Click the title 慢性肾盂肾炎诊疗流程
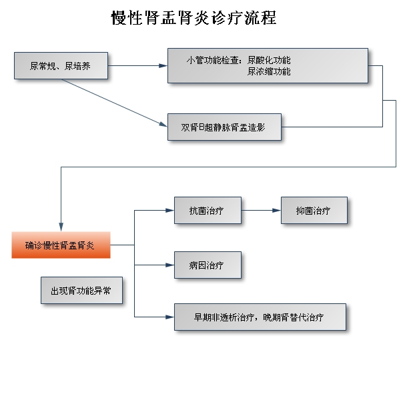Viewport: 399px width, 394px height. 193,18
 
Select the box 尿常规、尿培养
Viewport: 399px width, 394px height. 61,65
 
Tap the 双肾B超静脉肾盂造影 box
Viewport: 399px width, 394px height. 224,127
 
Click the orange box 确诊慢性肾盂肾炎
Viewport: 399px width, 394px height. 61,245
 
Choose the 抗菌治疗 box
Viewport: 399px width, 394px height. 208,210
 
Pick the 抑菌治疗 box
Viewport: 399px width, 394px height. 314,210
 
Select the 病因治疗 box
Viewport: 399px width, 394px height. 208,265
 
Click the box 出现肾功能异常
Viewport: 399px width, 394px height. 81,290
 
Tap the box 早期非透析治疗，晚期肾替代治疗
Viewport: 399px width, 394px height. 260,317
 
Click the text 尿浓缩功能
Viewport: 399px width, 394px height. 269,71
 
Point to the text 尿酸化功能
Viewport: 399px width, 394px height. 269,60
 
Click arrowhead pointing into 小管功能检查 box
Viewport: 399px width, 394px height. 163,65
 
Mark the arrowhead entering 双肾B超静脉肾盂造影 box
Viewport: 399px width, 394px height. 163,124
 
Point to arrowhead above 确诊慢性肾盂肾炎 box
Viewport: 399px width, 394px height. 61,227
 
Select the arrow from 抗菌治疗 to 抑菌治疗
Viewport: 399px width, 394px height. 261,210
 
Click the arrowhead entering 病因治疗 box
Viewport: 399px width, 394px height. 169,265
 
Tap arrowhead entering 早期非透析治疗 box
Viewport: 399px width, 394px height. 169,317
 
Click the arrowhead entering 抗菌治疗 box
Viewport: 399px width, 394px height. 169,210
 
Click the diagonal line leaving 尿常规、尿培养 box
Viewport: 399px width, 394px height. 115,103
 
